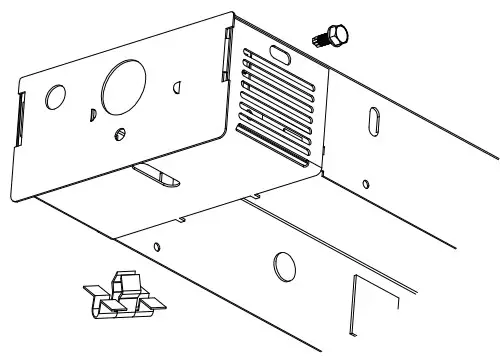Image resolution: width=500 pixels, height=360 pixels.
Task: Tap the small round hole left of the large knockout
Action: coord(55,97)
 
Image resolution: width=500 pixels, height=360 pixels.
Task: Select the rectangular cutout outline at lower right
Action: coord(372,305)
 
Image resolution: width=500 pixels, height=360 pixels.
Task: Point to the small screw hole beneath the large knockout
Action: coord(121,133)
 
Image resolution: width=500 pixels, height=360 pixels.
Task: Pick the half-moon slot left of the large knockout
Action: coord(91,112)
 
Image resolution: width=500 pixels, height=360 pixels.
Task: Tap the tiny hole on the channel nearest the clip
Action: coord(158,245)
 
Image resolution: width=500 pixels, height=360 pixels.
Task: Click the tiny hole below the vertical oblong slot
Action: coord(366,183)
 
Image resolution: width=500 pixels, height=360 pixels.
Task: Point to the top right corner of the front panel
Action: coord(234,14)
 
